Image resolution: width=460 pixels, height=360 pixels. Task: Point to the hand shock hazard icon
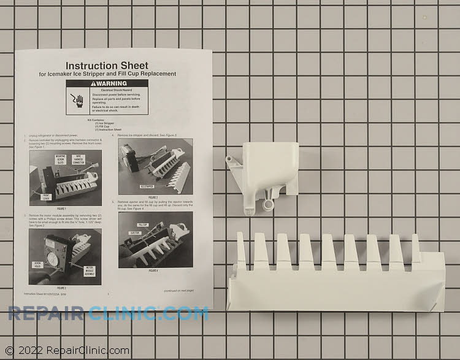78,99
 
